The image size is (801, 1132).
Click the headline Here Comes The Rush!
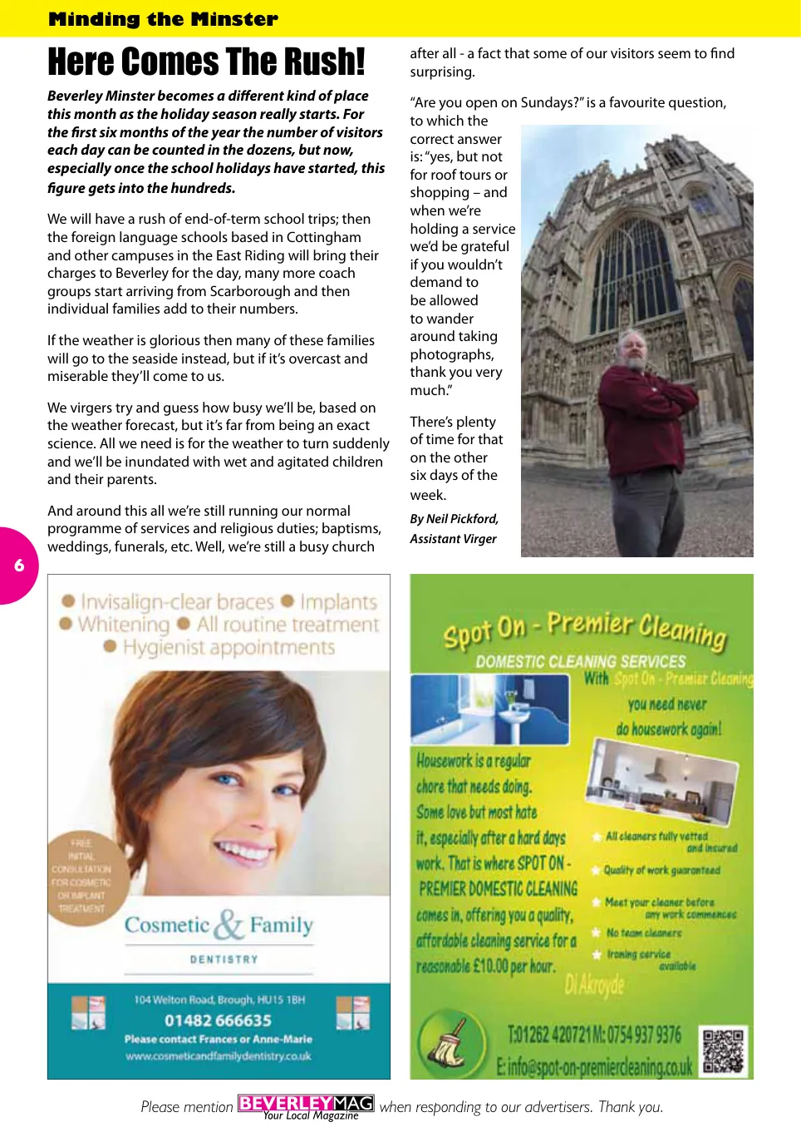coord(206,62)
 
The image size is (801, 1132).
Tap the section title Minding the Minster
coord(163,19)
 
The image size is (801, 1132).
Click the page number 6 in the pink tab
coord(19,566)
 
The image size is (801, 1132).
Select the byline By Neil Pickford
coord(454,519)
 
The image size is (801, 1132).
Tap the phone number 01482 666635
coord(218,1021)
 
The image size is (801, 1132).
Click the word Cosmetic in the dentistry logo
coord(167,925)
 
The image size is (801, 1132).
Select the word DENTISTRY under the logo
coord(224,959)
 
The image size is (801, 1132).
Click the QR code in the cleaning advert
coord(725,1051)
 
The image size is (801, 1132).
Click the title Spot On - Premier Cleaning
coord(584,630)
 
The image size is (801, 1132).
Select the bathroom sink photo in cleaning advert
coord(490,709)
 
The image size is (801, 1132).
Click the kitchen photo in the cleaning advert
coord(661,782)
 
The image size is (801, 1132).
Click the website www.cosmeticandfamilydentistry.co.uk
coord(219,1056)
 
